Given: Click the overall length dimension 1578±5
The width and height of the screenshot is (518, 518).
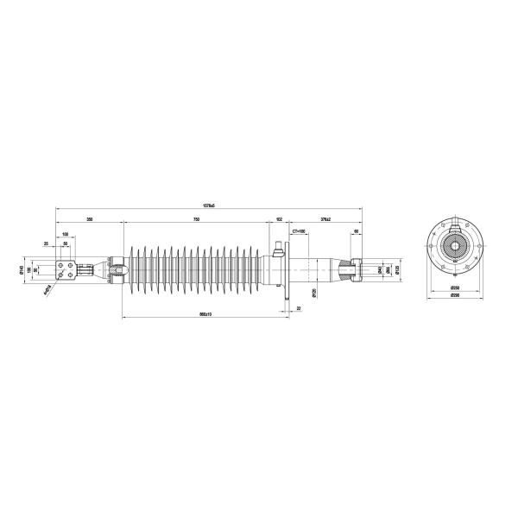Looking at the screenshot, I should coord(208,205).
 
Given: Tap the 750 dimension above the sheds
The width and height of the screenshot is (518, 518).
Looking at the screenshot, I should coord(197,221).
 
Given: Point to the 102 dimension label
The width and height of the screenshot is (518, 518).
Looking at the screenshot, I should coord(279,221).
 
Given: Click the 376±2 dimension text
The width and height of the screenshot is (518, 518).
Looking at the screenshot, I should coord(325,221).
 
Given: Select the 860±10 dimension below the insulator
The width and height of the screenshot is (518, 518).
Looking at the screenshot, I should coord(205,313).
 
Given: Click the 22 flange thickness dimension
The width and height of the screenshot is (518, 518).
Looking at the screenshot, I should coord(299,307).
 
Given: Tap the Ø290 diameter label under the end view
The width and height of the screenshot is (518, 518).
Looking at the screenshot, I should coord(454,296).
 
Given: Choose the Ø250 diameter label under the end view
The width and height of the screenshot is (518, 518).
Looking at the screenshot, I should coord(454,287).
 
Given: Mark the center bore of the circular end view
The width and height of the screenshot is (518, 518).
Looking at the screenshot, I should coord(454,246).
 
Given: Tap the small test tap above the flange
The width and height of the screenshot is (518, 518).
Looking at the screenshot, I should coord(278,250).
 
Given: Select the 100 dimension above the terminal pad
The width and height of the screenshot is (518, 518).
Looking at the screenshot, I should coord(66,235).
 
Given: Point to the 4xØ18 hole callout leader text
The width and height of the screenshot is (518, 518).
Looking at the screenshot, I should coord(47,289).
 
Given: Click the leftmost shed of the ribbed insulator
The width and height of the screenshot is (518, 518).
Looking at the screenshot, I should coord(131,269).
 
